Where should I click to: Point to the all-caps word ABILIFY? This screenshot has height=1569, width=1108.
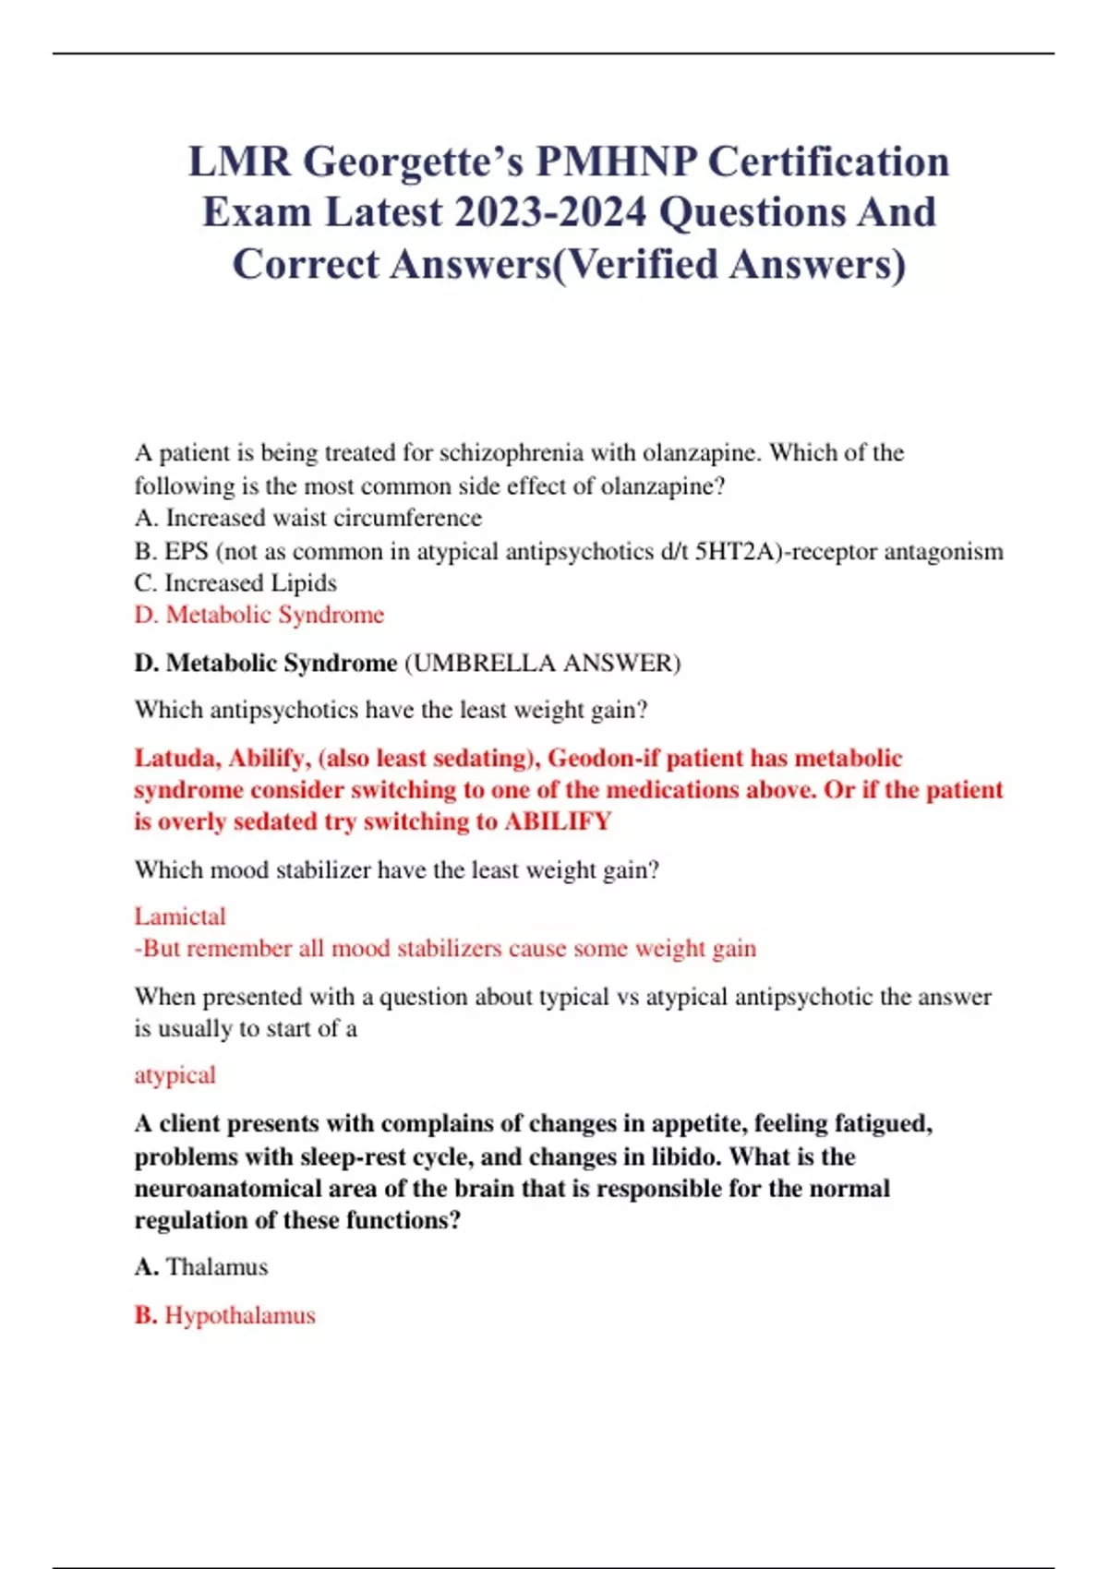pyautogui.click(x=558, y=821)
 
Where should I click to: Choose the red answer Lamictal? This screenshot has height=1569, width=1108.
pyautogui.click(x=180, y=916)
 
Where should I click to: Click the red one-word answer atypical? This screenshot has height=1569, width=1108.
pyautogui.click(x=175, y=1075)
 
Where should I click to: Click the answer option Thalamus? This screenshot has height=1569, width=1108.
pyautogui.click(x=217, y=1267)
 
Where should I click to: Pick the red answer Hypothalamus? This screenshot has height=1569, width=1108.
pyautogui.click(x=240, y=1315)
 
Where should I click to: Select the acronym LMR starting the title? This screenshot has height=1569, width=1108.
pyautogui.click(x=239, y=162)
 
